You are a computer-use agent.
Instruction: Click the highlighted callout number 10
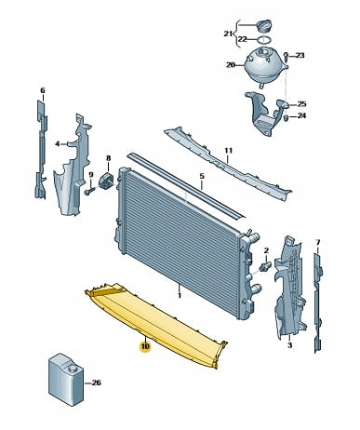pyautogui.click(x=145, y=346)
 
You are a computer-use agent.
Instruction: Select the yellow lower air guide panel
pyautogui.click(x=155, y=323)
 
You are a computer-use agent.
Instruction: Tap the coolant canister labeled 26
pyautogui.click(x=66, y=380)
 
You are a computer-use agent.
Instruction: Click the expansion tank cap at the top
pyautogui.click(x=264, y=25)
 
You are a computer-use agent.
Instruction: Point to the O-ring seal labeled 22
pyautogui.click(x=264, y=40)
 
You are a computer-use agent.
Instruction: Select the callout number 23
pyautogui.click(x=300, y=55)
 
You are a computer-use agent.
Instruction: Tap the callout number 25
pyautogui.click(x=301, y=103)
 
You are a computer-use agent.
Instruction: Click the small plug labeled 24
pyautogui.click(x=287, y=117)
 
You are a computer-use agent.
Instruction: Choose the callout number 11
pyautogui.click(x=229, y=151)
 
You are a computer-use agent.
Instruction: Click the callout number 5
pyautogui.click(x=202, y=176)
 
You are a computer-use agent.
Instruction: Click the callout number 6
pyautogui.click(x=43, y=90)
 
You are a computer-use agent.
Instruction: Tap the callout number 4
pyautogui.click(x=58, y=143)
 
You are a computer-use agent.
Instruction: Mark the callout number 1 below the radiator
pyautogui.click(x=180, y=295)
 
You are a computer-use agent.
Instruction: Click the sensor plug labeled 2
pyautogui.click(x=266, y=266)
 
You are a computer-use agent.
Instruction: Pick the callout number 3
pyautogui.click(x=289, y=345)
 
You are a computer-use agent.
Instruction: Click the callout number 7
pyautogui.click(x=317, y=242)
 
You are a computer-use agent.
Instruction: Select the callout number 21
pyautogui.click(x=228, y=34)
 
